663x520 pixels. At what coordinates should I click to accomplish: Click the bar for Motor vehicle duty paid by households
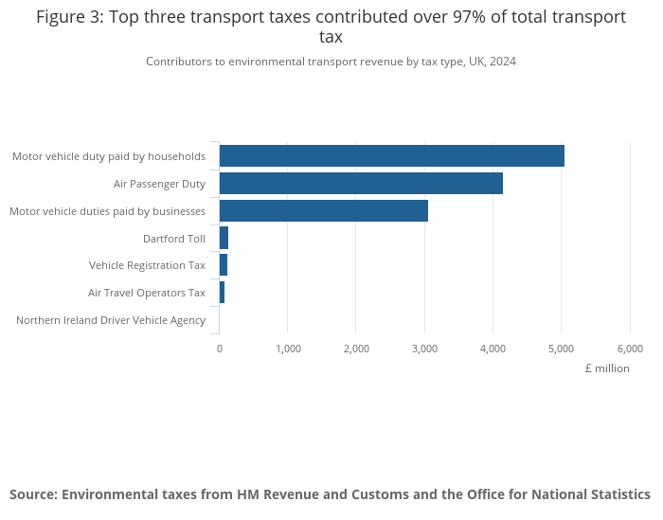[x=391, y=156]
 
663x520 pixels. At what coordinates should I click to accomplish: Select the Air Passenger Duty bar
[x=361, y=184]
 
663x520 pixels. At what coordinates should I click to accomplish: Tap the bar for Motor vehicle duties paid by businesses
[x=323, y=210]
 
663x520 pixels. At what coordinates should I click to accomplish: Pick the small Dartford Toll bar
[x=224, y=238]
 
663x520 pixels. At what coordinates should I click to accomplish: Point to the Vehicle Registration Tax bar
[x=224, y=265]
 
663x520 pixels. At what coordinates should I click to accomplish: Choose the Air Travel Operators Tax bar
[x=222, y=293]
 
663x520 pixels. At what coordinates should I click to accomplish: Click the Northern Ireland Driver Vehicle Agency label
[x=111, y=320]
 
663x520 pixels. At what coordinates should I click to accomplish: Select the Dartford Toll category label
[x=174, y=239]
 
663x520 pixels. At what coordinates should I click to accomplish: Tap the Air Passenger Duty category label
[x=159, y=184]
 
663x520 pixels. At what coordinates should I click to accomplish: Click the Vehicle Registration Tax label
[x=147, y=265]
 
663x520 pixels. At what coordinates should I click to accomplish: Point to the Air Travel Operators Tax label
[x=147, y=293]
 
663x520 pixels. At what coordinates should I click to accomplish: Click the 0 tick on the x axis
[x=220, y=349]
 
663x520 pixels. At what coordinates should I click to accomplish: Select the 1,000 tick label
[x=288, y=349]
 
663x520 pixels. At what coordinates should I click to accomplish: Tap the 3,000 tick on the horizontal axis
[x=424, y=349]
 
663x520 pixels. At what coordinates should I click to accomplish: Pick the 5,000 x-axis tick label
[x=562, y=349]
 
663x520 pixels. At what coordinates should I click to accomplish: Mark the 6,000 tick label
[x=630, y=349]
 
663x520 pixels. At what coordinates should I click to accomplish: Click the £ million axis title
[x=607, y=368]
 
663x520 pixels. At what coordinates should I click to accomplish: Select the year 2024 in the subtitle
[x=503, y=62]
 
